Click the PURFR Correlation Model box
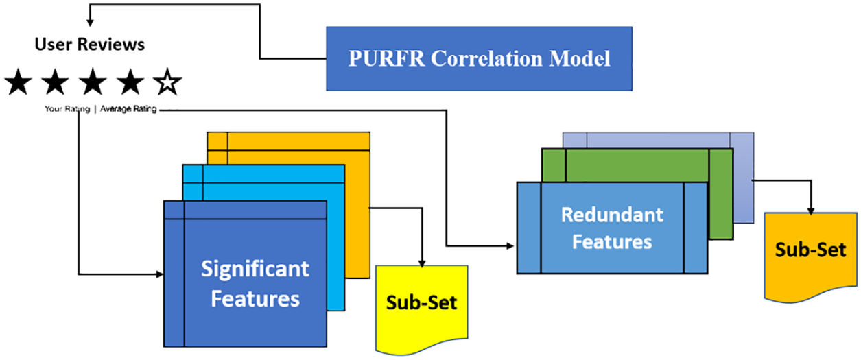click(x=479, y=59)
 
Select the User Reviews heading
click(x=90, y=45)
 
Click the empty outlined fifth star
click(x=167, y=81)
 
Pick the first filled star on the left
click(x=18, y=81)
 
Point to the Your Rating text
click(x=67, y=109)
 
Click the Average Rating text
click(x=128, y=109)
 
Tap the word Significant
click(x=255, y=268)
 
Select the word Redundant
click(x=612, y=215)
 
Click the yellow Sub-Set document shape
click(x=422, y=307)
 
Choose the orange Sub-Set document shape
click(x=811, y=256)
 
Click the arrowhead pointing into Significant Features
click(x=160, y=274)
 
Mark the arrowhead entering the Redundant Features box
click(x=510, y=246)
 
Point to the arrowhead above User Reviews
click(x=90, y=23)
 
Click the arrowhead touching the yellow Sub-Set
click(x=422, y=263)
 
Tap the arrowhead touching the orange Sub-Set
click(x=811, y=211)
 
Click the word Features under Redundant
click(x=612, y=242)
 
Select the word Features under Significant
click(x=255, y=299)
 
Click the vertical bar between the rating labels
click(x=95, y=109)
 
